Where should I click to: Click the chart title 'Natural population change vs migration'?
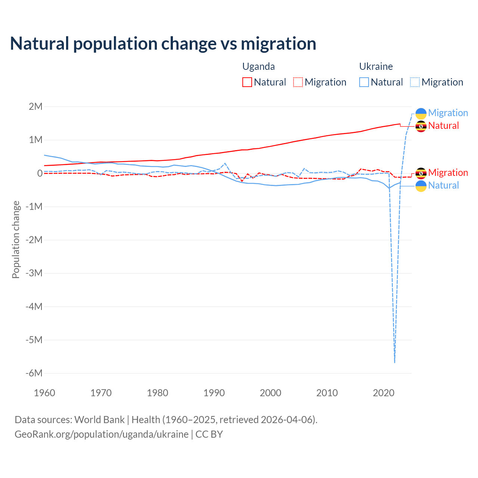click(x=163, y=44)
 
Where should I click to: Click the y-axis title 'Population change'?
click(x=16, y=239)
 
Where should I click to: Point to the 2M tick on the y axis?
click(x=36, y=106)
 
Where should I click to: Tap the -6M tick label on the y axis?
click(x=34, y=373)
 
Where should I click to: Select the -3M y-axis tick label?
click(x=34, y=273)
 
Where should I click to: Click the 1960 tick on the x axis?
click(x=44, y=393)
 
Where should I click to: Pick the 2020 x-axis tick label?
click(x=384, y=393)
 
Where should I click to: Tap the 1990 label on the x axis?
click(x=214, y=393)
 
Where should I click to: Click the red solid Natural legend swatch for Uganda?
click(x=247, y=82)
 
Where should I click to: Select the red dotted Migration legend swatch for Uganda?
click(x=298, y=82)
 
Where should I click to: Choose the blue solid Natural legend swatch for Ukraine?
click(x=364, y=82)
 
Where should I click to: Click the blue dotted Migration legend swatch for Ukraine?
click(x=415, y=82)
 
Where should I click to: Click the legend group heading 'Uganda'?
click(x=258, y=66)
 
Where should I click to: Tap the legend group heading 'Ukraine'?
click(x=376, y=66)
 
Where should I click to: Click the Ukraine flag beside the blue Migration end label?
click(x=421, y=113)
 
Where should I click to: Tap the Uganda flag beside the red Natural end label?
click(x=421, y=126)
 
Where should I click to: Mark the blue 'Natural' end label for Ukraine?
click(x=443, y=185)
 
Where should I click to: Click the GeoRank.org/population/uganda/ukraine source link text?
click(x=102, y=434)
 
